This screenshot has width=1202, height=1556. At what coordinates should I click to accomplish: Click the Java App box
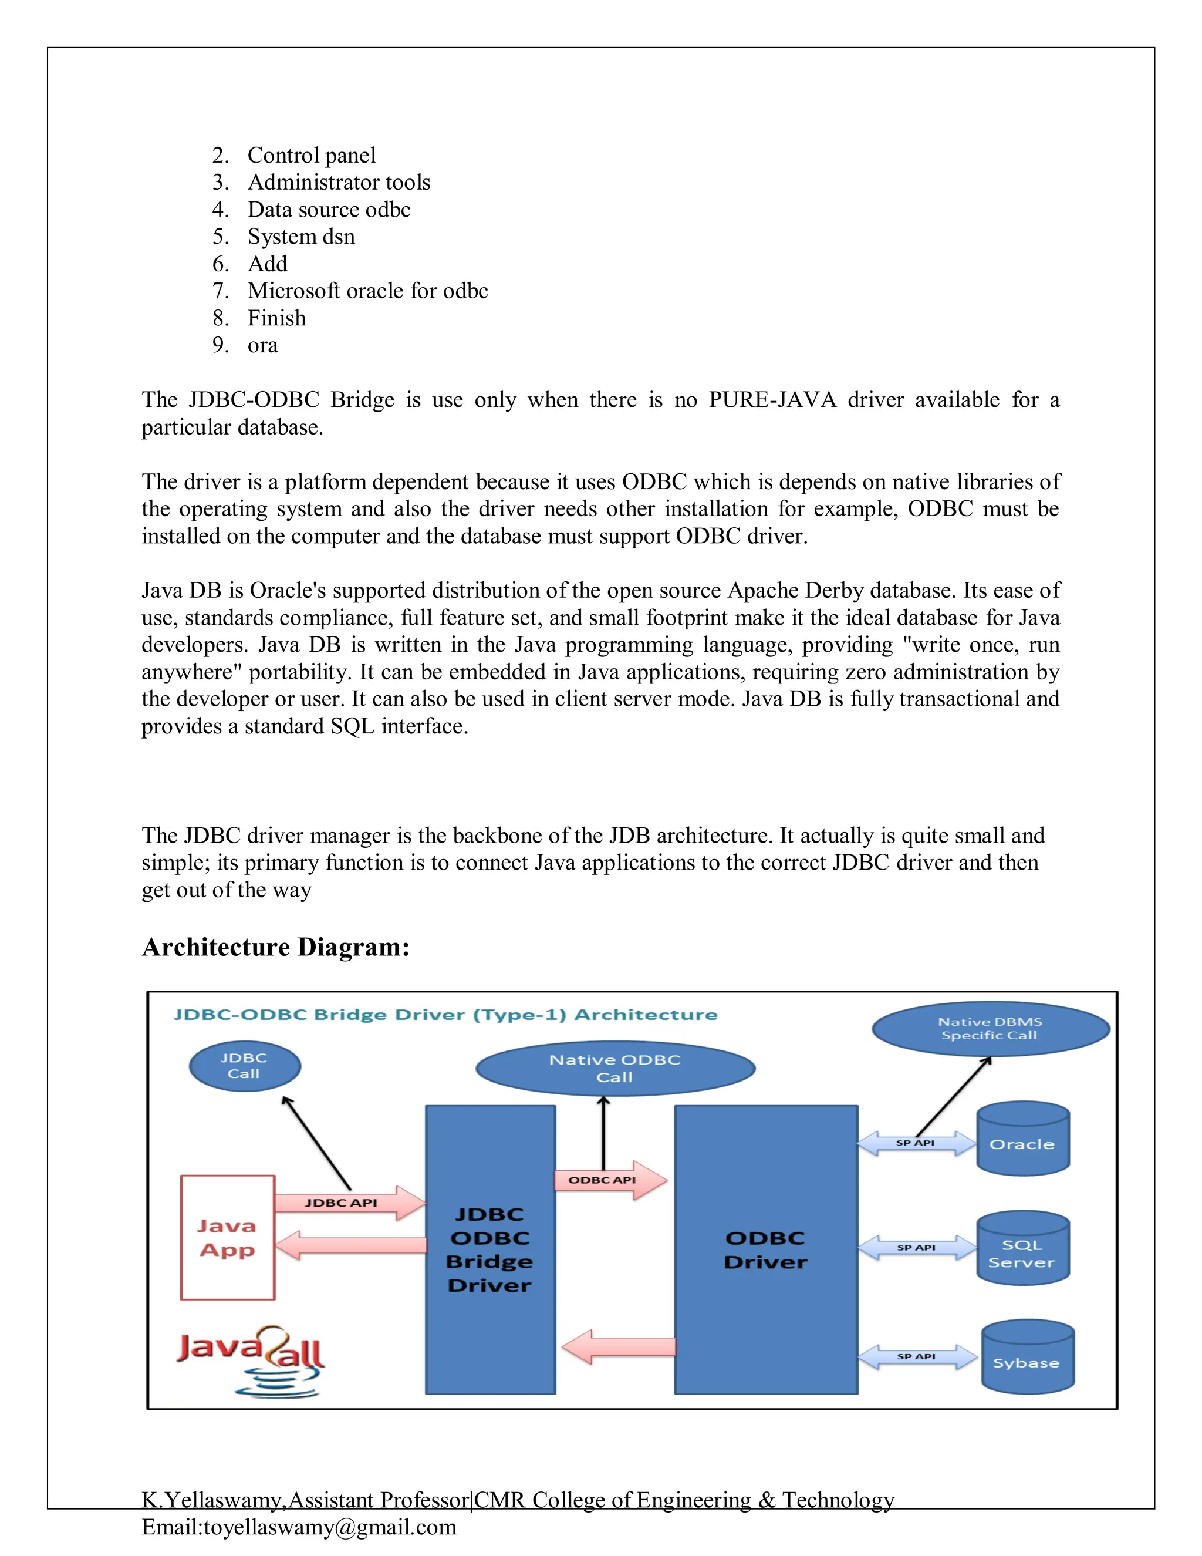coord(227,1238)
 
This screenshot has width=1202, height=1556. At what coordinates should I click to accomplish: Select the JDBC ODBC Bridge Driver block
coord(490,1249)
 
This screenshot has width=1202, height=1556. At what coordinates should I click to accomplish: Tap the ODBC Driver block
coord(765,1249)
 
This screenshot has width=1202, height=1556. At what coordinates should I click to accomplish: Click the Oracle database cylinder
coord(1022,1139)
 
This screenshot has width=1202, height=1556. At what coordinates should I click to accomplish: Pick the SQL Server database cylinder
coord(1022,1248)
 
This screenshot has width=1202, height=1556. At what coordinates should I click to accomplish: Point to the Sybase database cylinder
coord(1027,1357)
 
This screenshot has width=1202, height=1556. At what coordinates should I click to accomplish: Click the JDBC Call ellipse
coord(244,1066)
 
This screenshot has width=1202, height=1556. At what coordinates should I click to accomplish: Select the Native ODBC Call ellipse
coord(615,1068)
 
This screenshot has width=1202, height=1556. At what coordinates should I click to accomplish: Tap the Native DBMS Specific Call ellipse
coord(991,1029)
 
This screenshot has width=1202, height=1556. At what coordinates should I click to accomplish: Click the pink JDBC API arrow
coord(349,1203)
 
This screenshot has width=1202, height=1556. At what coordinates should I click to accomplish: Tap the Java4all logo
coord(251,1358)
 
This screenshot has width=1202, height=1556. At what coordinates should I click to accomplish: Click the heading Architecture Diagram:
coord(276,947)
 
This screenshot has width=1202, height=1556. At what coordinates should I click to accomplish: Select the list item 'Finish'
coord(276,318)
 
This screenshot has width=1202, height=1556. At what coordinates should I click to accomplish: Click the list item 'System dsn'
coord(300,237)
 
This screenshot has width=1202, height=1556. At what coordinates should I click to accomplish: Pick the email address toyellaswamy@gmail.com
coord(330,1527)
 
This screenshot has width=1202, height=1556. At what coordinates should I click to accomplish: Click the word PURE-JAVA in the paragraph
coord(772,400)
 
